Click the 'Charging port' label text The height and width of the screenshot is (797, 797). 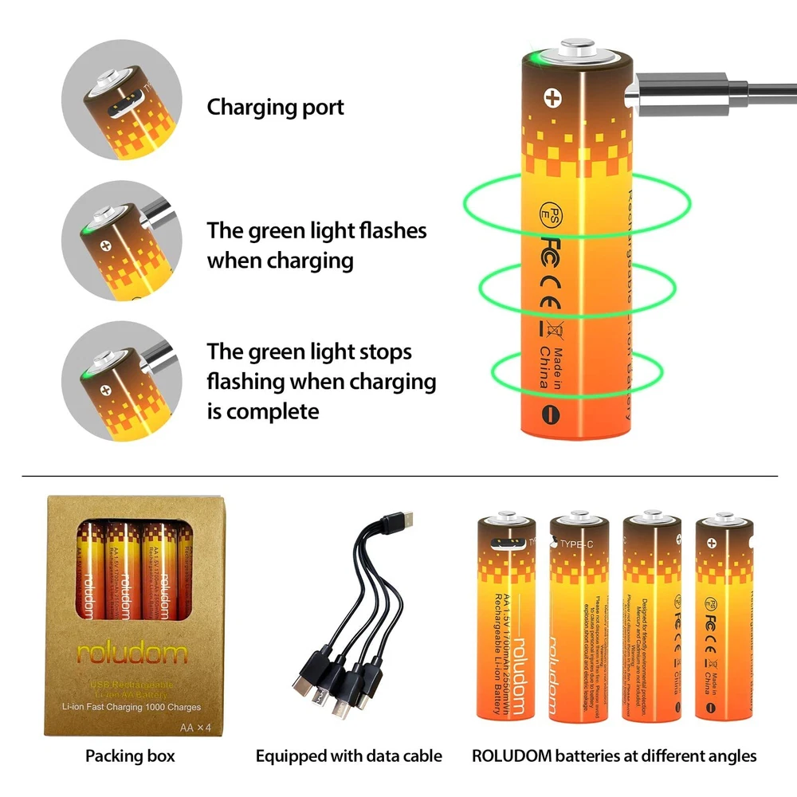276,108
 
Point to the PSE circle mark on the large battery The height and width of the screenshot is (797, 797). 549,209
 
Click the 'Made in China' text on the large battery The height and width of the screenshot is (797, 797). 551,367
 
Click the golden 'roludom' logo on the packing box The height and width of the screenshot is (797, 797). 132,654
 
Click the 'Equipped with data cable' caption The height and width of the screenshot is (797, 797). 348,756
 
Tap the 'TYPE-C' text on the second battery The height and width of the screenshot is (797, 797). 577,545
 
